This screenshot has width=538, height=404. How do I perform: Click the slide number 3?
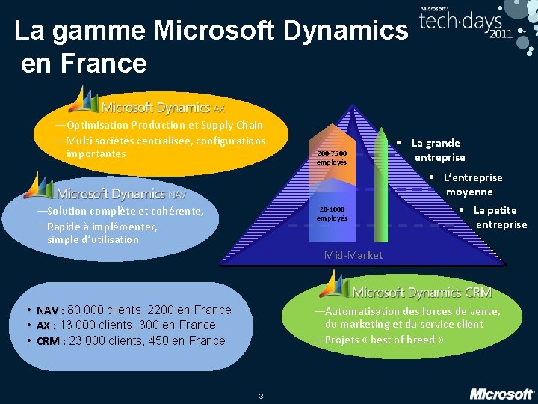(x=260, y=396)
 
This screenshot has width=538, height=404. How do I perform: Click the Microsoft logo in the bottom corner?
(x=501, y=394)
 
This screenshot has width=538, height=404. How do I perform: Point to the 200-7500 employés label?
(x=331, y=157)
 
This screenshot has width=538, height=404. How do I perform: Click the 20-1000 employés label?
(x=332, y=214)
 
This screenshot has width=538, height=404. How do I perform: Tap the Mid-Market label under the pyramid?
(x=353, y=255)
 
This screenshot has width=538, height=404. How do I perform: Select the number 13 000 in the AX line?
(x=75, y=325)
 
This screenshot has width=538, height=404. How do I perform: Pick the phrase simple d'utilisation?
(x=93, y=239)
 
